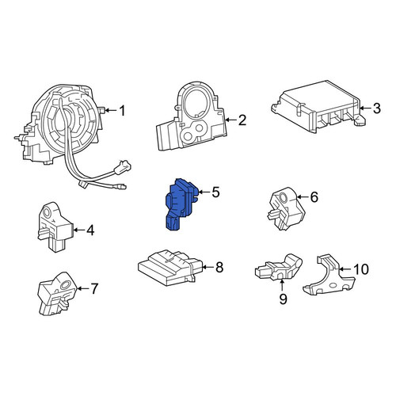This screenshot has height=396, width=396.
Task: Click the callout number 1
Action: coord(122,111)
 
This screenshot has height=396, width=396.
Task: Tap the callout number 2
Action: coord(242,120)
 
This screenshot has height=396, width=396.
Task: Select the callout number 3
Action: coord(376,109)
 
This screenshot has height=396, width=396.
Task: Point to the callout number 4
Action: coord(90,230)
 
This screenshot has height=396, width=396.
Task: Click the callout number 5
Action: coord(215,192)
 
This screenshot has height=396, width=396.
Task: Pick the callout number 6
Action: coord(314,197)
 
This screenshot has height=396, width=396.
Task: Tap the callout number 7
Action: coord(94,288)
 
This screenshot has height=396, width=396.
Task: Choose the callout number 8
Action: coord(219,267)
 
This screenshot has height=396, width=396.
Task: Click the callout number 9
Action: coord(283,299)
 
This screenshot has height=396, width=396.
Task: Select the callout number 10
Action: coord(361,269)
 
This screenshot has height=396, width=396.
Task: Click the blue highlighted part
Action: coord(181,204)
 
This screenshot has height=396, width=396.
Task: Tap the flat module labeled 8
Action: coord(170,267)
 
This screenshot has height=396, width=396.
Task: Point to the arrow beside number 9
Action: coord(282,286)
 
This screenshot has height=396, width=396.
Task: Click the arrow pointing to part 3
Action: coord(366,108)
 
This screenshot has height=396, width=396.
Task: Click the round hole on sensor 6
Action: coord(284,197)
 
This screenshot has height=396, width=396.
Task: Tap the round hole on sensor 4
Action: coord(48,211)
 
